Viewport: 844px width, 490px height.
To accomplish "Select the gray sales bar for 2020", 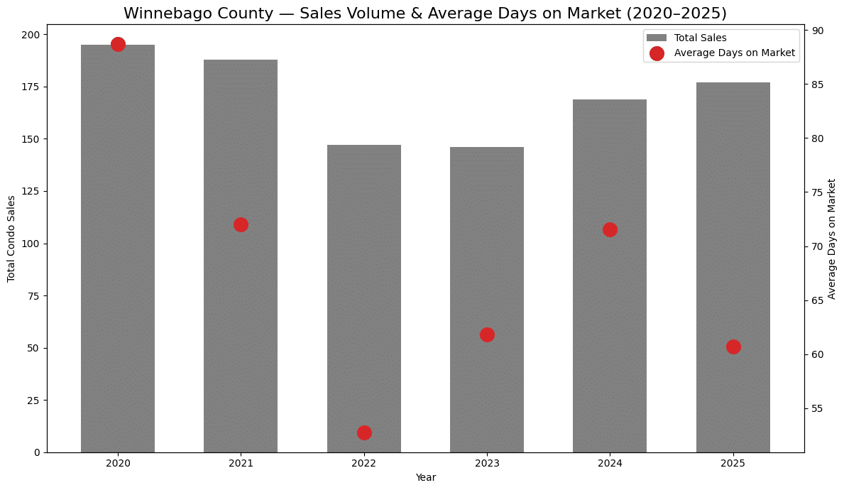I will (x=118, y=249).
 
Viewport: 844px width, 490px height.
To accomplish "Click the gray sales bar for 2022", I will (x=364, y=298).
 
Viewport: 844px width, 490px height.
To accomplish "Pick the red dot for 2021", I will (x=241, y=224).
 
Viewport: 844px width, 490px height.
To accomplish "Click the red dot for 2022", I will (x=364, y=432).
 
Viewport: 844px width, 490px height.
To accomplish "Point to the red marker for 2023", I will (x=487, y=334).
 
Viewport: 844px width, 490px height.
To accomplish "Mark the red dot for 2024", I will (x=610, y=229).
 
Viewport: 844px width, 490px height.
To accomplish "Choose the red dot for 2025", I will (x=733, y=347).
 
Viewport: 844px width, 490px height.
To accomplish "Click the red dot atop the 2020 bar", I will (x=118, y=44).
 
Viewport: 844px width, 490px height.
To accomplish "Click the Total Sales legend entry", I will (x=700, y=38).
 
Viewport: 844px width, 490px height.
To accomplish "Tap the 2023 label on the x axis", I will (x=487, y=462).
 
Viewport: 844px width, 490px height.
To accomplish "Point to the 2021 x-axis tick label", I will (x=241, y=462).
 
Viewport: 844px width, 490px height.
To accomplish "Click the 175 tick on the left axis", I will (x=32, y=87).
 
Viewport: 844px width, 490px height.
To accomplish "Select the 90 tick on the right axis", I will (x=818, y=31).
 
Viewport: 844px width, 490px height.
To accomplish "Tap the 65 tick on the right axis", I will (x=818, y=300).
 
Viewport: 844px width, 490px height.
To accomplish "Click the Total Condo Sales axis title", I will (x=11, y=239).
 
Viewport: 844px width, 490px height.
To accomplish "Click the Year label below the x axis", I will (x=426, y=477).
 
